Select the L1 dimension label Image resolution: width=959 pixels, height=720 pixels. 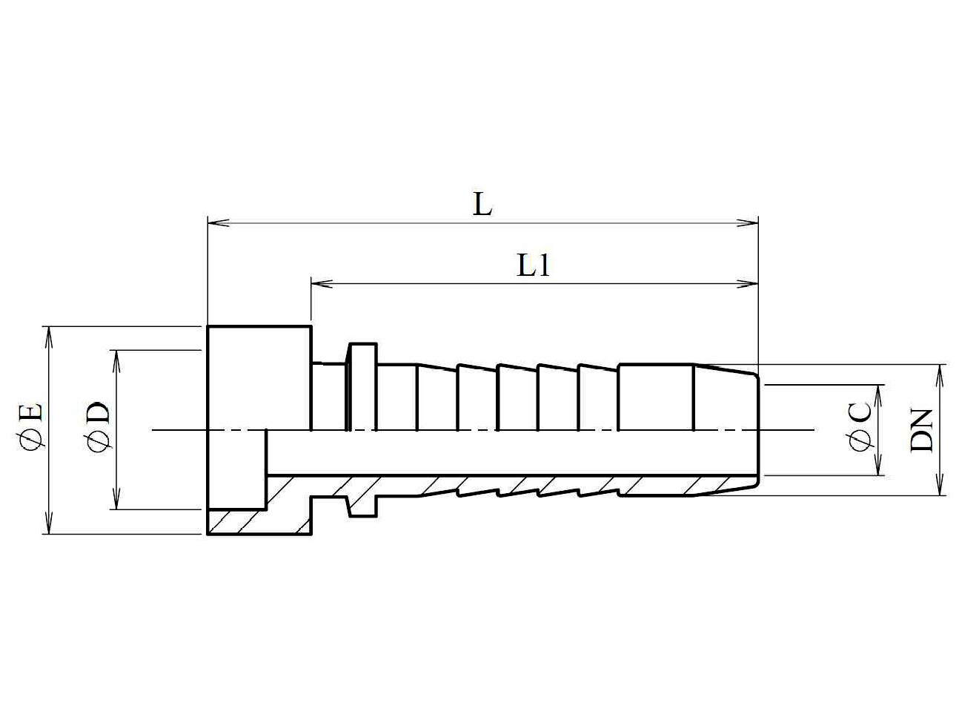click(x=533, y=265)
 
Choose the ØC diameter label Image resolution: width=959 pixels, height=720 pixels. click(x=860, y=427)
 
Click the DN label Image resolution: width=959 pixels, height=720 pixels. click(x=921, y=430)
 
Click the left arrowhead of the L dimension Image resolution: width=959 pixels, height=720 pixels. click(x=218, y=223)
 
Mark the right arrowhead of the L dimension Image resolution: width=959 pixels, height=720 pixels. click(x=748, y=223)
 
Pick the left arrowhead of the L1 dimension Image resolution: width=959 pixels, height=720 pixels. click(x=322, y=284)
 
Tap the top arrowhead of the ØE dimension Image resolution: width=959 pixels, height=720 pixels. click(x=49, y=337)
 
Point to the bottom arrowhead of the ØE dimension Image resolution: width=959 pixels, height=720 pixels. click(x=49, y=524)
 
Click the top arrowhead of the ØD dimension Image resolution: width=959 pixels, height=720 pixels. click(x=116, y=361)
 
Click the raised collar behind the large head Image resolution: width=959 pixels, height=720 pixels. click(x=362, y=386)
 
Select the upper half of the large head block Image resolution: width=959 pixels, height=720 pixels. click(x=259, y=378)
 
